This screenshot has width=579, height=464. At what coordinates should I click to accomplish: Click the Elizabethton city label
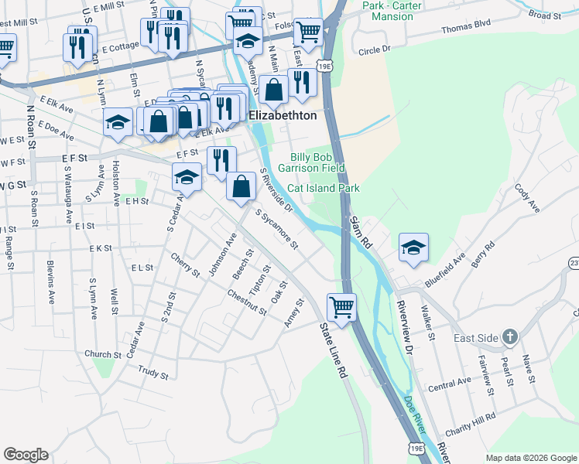(283, 115)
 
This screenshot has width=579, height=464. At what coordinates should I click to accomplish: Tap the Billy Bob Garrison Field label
(317, 162)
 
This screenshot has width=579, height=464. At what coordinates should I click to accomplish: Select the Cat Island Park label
(324, 188)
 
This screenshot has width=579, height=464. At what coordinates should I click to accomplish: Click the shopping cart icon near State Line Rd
(341, 308)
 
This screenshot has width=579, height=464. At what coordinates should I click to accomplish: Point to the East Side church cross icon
(509, 336)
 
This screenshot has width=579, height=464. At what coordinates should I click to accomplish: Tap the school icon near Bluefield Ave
(413, 248)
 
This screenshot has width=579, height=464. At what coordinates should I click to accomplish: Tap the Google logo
(26, 454)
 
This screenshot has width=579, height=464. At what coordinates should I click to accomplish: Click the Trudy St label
(153, 374)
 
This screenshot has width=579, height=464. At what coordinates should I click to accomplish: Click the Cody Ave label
(526, 197)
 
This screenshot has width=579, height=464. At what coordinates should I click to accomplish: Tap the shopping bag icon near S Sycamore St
(242, 186)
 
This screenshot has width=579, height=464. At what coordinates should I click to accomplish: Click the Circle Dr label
(376, 51)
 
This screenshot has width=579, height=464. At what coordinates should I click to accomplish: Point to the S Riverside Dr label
(276, 189)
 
